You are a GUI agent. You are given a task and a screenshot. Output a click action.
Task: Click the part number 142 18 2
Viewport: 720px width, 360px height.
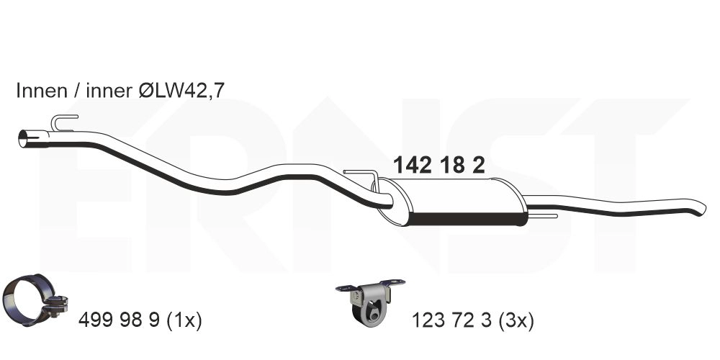tap(438, 166)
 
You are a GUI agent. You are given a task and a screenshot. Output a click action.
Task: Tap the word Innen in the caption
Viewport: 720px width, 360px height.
tap(42, 91)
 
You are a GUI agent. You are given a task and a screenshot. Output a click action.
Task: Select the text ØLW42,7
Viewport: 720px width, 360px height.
tap(181, 91)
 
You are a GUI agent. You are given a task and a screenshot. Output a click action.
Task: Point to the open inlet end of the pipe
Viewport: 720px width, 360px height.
tap(22, 139)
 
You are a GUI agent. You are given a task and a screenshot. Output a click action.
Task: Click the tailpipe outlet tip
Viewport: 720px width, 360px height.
tap(701, 209)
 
